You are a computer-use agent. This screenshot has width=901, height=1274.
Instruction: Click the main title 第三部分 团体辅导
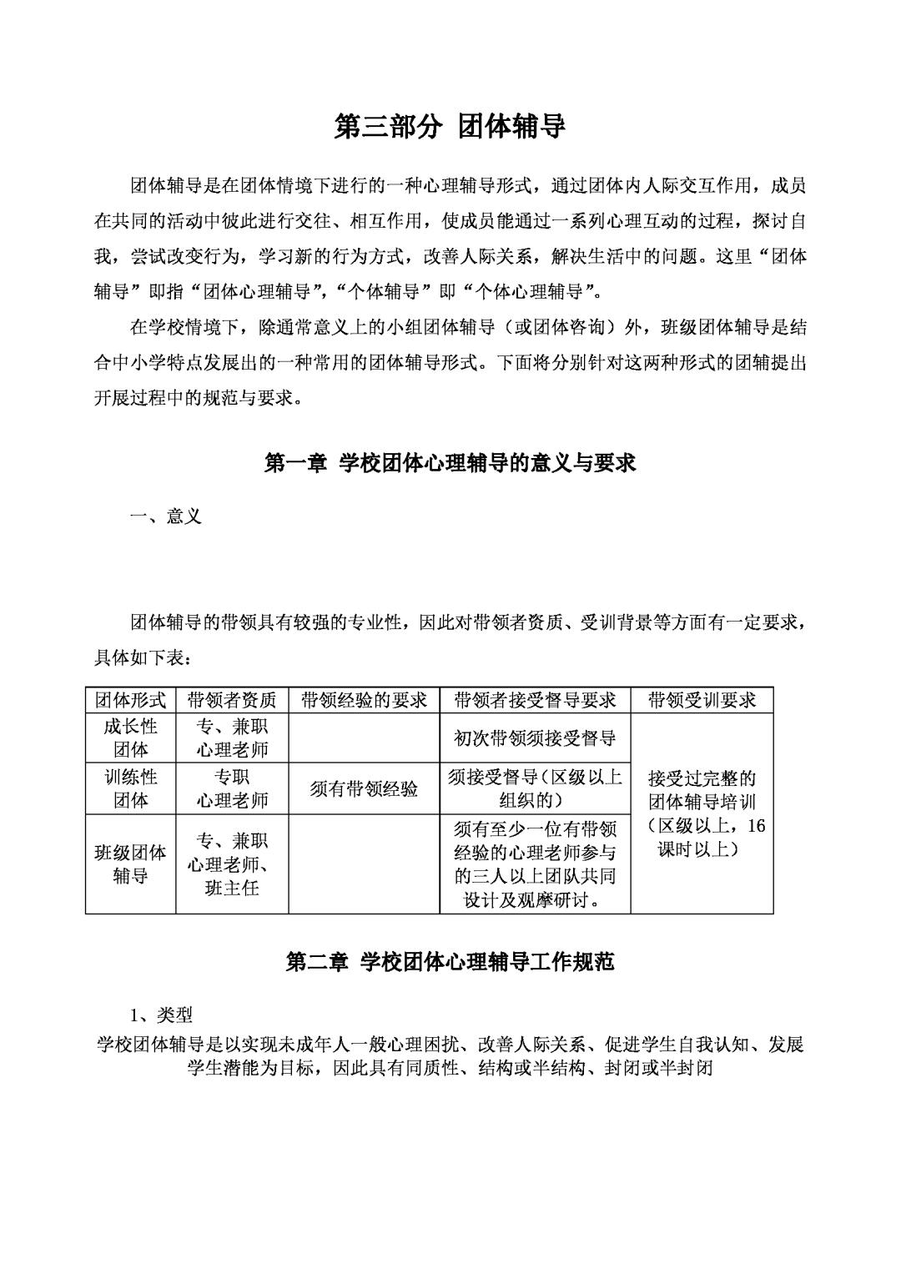(450, 127)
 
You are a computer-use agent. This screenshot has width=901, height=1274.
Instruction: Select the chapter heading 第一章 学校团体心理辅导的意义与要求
(450, 463)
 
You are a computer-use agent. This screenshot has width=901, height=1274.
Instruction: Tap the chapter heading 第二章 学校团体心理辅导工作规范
(450, 962)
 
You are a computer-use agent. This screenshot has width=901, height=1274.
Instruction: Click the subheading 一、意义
(166, 516)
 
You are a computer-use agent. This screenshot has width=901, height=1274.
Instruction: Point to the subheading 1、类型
(161, 1015)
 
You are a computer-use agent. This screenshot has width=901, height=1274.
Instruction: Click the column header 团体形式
(130, 699)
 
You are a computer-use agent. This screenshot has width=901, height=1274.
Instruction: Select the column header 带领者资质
(232, 699)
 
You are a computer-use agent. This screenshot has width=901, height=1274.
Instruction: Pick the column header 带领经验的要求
(364, 699)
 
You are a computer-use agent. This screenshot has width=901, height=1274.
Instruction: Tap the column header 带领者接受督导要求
(535, 699)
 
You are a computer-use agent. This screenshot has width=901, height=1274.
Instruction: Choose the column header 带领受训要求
(702, 699)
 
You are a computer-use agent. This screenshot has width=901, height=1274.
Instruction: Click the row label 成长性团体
(130, 737)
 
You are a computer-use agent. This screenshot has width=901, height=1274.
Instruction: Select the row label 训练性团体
(130, 788)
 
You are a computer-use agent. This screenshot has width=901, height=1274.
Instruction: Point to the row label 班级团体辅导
(130, 864)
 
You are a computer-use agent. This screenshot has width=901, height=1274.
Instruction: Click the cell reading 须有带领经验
(364, 789)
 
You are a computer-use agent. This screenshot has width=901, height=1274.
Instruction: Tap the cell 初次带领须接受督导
(535, 738)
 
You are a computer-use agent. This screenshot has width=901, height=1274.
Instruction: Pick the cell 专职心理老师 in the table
(232, 788)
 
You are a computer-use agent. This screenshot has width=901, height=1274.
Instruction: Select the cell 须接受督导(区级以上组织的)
(535, 788)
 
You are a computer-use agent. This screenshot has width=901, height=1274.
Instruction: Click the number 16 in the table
(756, 826)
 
